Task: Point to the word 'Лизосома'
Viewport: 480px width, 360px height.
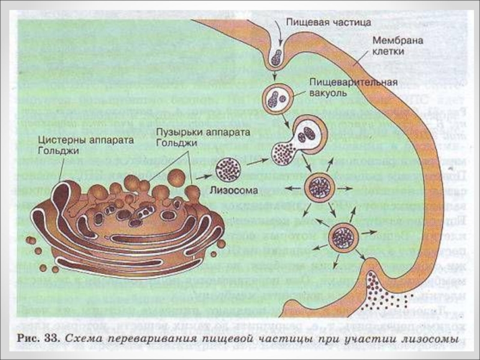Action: click(233, 191)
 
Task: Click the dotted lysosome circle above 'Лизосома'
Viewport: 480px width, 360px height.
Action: click(229, 169)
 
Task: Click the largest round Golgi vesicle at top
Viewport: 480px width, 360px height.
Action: click(176, 177)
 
